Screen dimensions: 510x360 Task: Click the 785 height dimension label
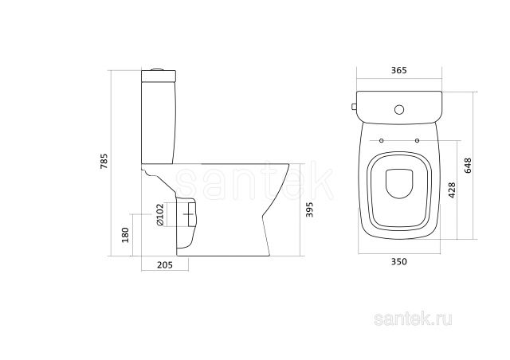(x=104, y=161)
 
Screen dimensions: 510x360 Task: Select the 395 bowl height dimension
(x=309, y=209)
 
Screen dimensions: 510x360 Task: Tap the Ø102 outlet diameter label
(x=159, y=214)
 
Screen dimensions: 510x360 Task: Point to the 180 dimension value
(x=125, y=235)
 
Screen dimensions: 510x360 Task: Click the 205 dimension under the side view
(x=165, y=265)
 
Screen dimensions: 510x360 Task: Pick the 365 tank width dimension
(x=398, y=70)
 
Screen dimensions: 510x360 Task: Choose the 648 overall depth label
(x=468, y=166)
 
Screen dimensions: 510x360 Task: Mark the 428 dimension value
(x=452, y=190)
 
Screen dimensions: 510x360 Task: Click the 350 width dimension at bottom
(x=398, y=261)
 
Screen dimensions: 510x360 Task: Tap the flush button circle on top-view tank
(x=399, y=110)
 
